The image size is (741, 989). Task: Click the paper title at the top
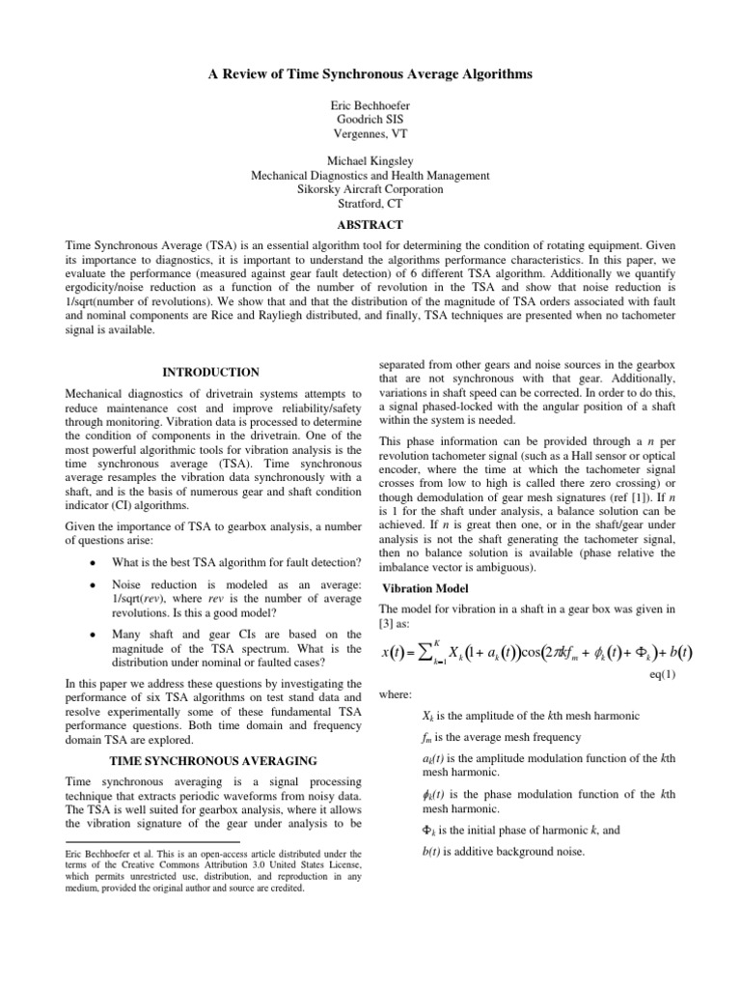coord(370,74)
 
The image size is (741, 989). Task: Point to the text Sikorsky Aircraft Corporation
coord(370,189)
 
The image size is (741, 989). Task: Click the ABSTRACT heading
coord(370,224)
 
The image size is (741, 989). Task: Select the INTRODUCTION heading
coord(209,372)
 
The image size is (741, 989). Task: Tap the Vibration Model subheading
coord(425,588)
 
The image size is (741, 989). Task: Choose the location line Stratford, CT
coord(370,204)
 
